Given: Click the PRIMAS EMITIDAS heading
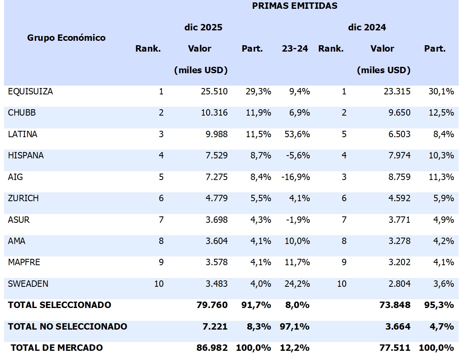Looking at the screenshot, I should tap(295, 6).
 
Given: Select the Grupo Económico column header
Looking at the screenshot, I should tap(66, 38).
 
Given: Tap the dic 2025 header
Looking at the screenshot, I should tap(203, 27).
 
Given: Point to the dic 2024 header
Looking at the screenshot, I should tap(367, 27).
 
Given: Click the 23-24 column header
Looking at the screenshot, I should tap(295, 49).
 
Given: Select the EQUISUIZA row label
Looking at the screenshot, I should tap(30, 91).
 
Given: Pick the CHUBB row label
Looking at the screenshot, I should tap(22, 112).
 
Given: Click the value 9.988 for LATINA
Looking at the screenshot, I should tap(214, 134).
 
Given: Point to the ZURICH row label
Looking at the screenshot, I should tap(23, 198).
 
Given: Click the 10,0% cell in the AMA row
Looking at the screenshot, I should tap(296, 241).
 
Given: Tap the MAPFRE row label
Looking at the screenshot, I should tap(24, 262).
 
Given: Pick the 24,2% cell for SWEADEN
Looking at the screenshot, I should tap(296, 284).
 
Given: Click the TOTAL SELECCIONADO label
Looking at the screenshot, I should tap(59, 305).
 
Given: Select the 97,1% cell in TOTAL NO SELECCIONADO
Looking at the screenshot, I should tap(294, 326).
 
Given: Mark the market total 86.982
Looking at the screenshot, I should tap(212, 348).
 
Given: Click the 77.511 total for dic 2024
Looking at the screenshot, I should tap(395, 348).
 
